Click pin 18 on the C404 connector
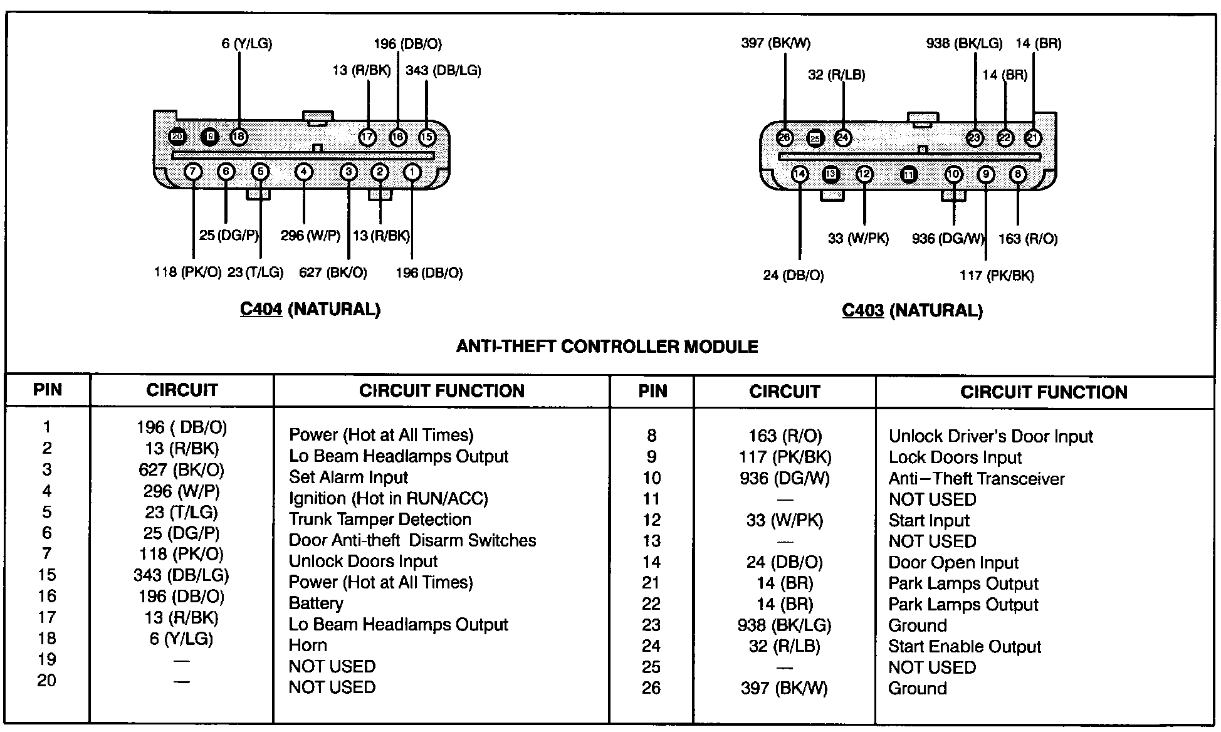tap(239, 137)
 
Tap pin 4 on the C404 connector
tap(303, 172)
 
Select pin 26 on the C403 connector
tap(784, 138)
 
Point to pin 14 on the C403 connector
tap(800, 174)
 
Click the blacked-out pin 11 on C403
tap(909, 175)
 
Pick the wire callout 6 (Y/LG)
tap(246, 44)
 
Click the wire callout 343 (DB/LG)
tap(443, 70)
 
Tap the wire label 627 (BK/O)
tap(333, 273)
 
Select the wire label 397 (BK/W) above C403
tap(775, 43)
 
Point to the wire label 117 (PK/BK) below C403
tap(997, 275)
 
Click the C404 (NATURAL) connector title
tap(310, 309)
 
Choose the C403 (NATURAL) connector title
tap(912, 310)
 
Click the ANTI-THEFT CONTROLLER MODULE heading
tap(607, 347)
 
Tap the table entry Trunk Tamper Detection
tap(380, 520)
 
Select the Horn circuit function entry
tap(308, 645)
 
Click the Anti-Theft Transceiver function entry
tap(976, 479)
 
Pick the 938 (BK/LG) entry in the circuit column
tap(784, 625)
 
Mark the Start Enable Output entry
tap(964, 646)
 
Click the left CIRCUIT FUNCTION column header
tap(441, 391)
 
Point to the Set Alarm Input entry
tap(348, 478)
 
